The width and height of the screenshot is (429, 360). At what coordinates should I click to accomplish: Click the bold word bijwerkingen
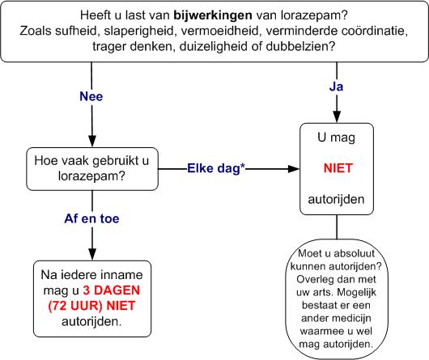[x=212, y=15]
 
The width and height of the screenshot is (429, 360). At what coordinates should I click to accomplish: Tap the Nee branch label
[x=95, y=96]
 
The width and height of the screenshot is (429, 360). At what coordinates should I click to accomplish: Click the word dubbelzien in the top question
[x=302, y=46]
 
